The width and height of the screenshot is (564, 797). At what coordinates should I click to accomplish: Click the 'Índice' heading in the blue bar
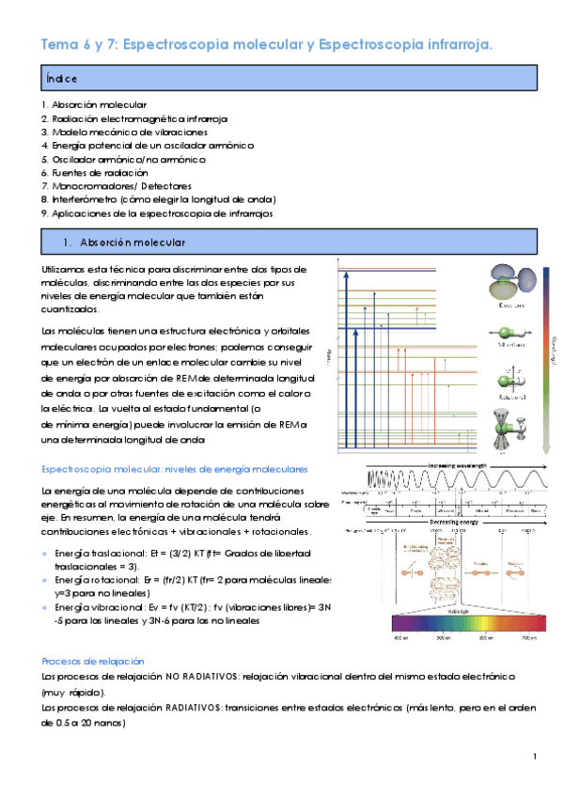(x=60, y=77)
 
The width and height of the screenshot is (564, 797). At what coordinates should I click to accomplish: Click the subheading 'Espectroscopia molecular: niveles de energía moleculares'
(x=175, y=470)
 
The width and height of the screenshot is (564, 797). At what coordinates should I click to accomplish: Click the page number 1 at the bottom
(x=533, y=757)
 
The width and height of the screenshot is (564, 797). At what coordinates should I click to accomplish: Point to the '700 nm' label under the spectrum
(x=528, y=638)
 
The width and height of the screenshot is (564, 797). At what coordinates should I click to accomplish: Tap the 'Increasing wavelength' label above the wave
(x=462, y=464)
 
